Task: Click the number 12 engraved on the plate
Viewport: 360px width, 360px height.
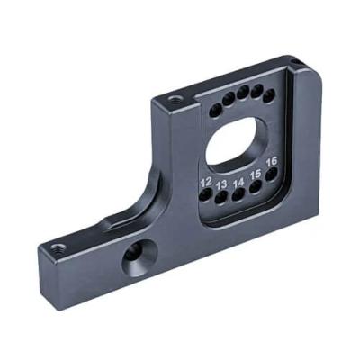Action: coord(206,182)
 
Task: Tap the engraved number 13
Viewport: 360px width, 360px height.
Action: coord(221,184)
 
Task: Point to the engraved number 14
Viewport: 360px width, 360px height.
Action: coord(238,183)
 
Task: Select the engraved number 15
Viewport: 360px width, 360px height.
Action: coord(256,175)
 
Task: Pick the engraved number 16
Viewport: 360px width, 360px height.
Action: coord(272,162)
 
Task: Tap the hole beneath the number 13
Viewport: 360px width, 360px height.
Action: coord(222,197)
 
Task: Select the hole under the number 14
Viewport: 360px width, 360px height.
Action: coord(238,194)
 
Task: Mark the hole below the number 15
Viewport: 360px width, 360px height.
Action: coord(256,186)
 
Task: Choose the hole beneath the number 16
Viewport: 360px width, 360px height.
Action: coord(272,175)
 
